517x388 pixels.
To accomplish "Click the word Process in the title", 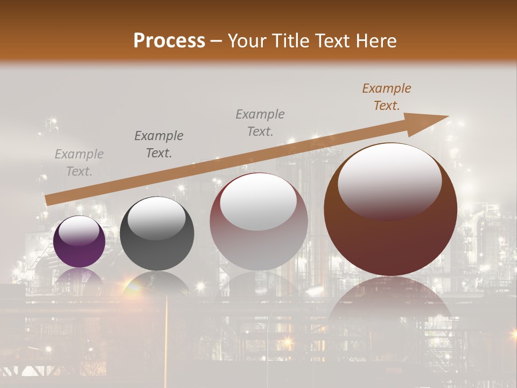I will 169,41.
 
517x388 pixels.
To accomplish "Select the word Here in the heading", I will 376,41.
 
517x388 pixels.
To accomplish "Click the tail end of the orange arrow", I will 48,200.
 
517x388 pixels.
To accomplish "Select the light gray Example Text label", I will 79,163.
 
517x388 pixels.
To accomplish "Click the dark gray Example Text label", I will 159,144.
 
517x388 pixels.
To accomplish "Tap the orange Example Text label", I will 387,97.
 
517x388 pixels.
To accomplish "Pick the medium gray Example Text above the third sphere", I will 260,122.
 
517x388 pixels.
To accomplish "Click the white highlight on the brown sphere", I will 389,181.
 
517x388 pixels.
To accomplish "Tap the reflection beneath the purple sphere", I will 80,276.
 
